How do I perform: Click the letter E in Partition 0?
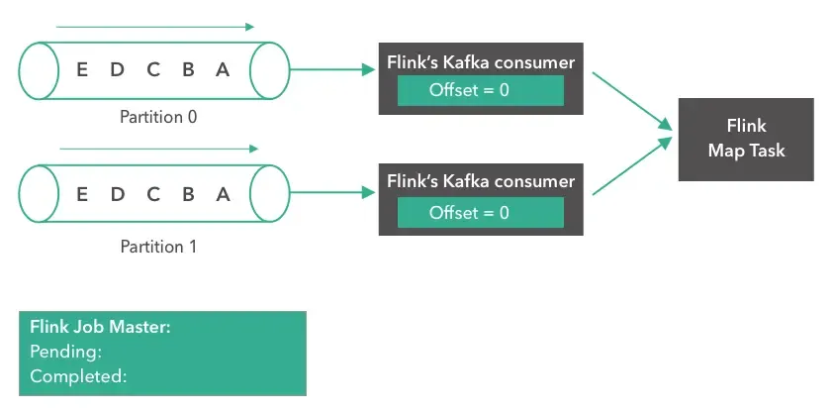(81, 70)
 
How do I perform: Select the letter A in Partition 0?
(223, 70)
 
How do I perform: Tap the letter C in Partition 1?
(153, 194)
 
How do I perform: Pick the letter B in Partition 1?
(188, 194)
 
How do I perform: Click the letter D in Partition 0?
(117, 70)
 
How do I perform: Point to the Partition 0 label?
(158, 117)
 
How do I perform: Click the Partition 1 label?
(158, 246)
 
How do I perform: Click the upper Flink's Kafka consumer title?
(480, 62)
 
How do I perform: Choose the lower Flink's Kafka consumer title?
(480, 182)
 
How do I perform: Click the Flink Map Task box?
(746, 139)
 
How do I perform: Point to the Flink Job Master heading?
(100, 327)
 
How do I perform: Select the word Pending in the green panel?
(66, 352)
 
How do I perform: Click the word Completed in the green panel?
(78, 376)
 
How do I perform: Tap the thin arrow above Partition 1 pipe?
(158, 150)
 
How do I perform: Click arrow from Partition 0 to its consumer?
(331, 70)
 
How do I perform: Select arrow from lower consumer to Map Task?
(625, 165)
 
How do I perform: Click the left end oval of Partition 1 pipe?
(37, 194)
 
